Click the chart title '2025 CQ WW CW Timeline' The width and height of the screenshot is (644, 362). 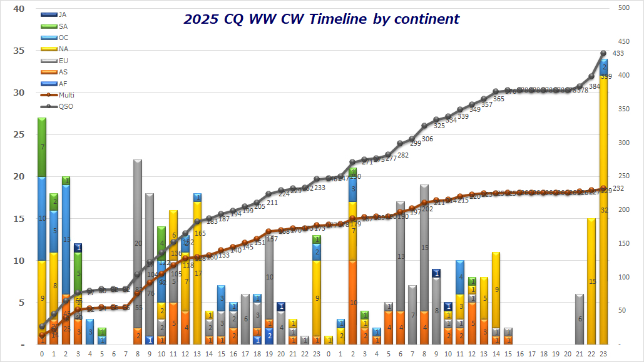(x=321, y=19)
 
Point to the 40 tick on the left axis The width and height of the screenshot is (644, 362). (x=18, y=9)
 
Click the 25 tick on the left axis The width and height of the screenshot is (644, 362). (x=18, y=135)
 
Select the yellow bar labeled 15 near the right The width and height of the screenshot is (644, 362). (x=591, y=281)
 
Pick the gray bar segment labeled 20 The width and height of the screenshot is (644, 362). (x=138, y=244)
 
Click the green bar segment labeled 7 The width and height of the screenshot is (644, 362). (x=42, y=147)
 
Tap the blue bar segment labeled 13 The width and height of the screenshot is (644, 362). (x=66, y=239)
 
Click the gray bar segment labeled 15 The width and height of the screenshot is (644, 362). (x=424, y=248)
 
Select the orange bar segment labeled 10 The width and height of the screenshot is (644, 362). (x=353, y=303)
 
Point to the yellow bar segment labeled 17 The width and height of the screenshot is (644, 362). (x=197, y=273)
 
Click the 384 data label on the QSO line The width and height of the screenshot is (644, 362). (x=594, y=86)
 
